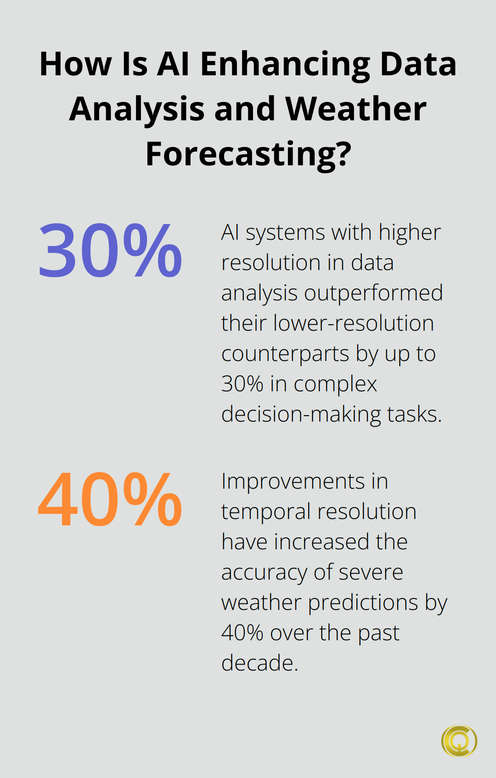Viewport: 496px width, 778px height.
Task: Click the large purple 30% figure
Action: point(110,250)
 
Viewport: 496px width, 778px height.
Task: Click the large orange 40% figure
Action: point(110,499)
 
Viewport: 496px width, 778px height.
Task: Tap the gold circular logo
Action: point(459,741)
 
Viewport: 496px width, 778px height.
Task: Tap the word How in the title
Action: point(76,64)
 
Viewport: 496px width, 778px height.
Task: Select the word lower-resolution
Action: point(354,323)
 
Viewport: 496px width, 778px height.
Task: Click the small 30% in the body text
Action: point(242,384)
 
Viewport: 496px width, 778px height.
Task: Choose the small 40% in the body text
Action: point(242,633)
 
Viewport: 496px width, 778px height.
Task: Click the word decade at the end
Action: point(257,663)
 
